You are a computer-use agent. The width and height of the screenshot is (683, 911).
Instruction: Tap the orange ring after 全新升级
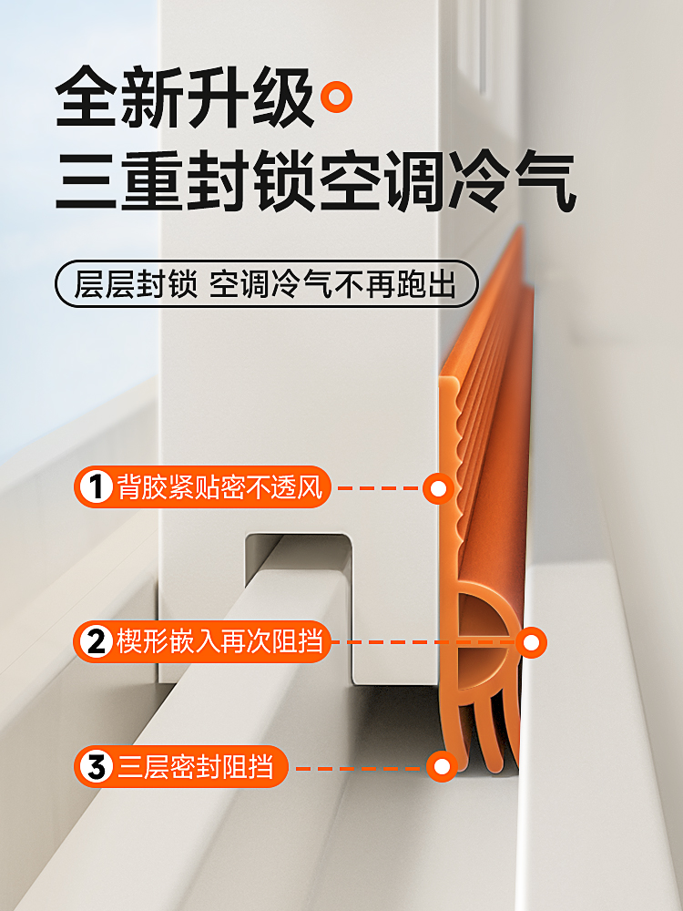pyautogui.click(x=341, y=96)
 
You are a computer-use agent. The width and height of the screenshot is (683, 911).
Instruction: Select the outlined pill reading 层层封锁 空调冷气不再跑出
pyautogui.click(x=265, y=284)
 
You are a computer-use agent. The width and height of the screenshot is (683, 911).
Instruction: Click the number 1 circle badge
pyautogui.click(x=95, y=489)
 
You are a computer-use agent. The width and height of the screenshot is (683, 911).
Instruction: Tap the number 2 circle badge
pyautogui.click(x=95, y=642)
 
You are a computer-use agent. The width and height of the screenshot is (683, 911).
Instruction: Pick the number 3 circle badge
pyautogui.click(x=95, y=768)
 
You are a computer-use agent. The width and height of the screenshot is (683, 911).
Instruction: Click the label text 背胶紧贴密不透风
pyautogui.click(x=219, y=489)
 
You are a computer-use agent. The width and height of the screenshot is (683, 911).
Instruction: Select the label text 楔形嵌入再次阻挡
pyautogui.click(x=219, y=642)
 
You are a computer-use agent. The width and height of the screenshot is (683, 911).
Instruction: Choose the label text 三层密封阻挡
pyautogui.click(x=195, y=768)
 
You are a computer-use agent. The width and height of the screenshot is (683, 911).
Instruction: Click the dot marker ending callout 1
pyautogui.click(x=439, y=489)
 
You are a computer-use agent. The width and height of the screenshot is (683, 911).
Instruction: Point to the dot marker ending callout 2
pyautogui.click(x=531, y=642)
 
